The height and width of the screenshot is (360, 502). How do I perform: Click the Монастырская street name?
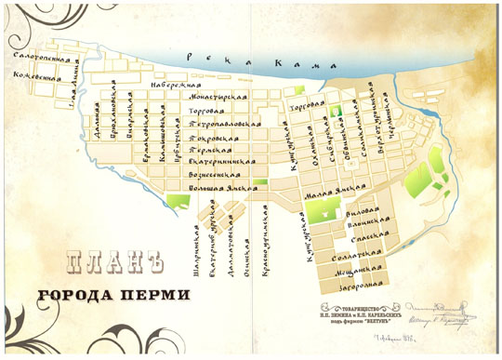tap(219, 97)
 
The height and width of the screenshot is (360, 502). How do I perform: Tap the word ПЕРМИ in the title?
tap(158, 296)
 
